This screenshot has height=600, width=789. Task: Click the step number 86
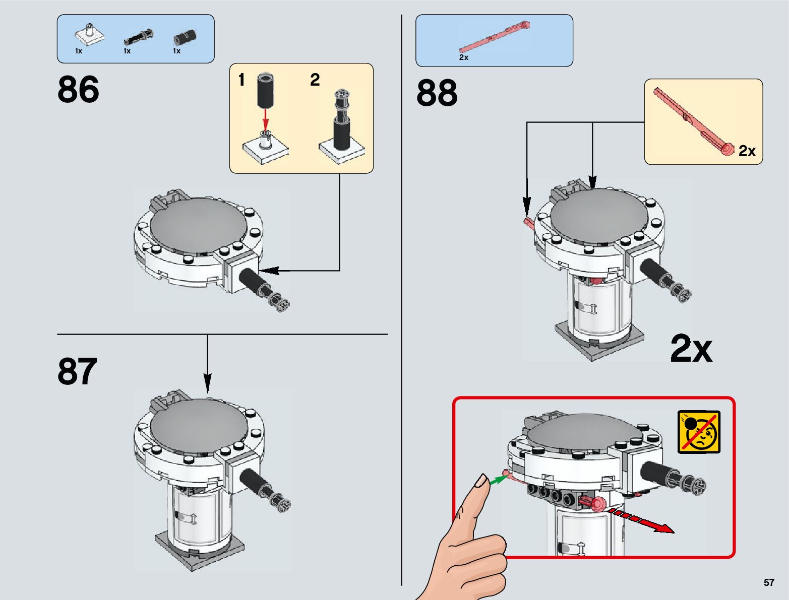[78, 90]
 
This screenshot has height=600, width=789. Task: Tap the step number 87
[77, 371]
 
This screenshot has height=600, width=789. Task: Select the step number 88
[437, 93]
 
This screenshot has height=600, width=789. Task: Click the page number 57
[768, 582]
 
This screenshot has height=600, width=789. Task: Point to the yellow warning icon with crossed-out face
[699, 432]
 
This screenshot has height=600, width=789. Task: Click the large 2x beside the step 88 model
[691, 349]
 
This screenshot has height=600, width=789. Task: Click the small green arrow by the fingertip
[498, 479]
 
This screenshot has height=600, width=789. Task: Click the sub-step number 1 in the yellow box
[241, 80]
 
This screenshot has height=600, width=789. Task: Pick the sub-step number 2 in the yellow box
[315, 80]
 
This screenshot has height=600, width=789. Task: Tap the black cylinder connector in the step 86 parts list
[185, 37]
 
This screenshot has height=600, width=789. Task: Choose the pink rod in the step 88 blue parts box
[494, 37]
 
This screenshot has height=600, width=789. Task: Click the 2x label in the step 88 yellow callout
[747, 151]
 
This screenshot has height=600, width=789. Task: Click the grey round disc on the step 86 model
[199, 225]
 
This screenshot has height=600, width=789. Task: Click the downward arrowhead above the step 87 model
[207, 382]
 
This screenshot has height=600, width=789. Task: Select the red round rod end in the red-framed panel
[599, 504]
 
